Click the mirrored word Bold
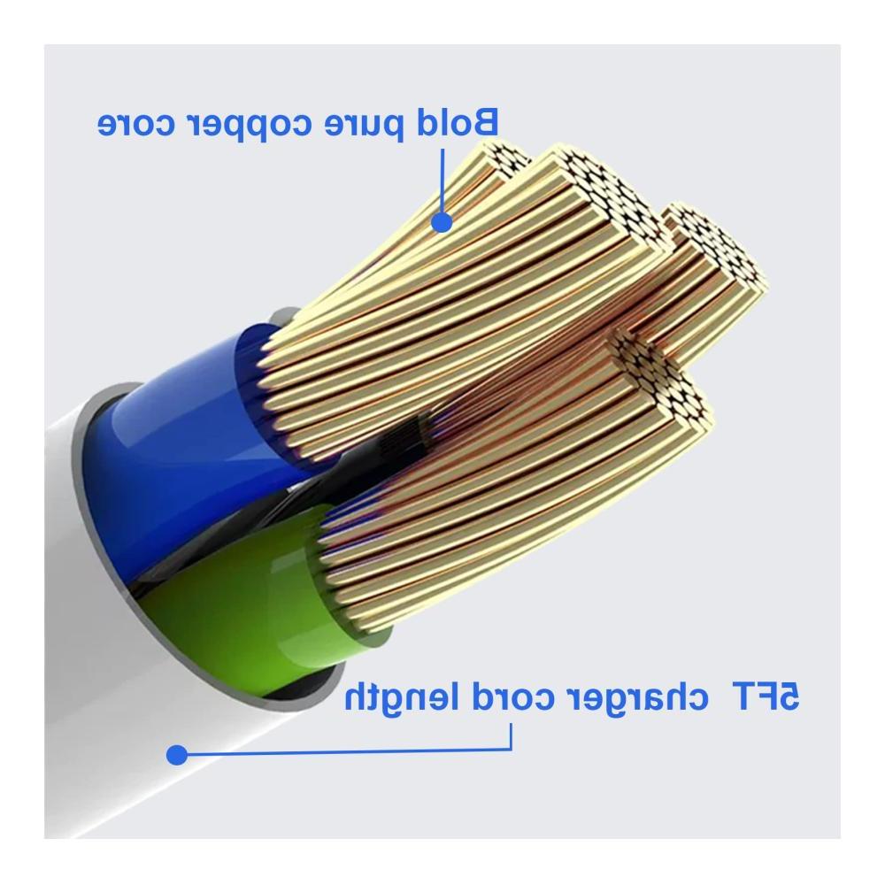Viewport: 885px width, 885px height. pos(458,122)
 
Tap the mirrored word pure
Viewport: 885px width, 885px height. pos(364,127)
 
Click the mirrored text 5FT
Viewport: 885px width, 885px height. pos(766,696)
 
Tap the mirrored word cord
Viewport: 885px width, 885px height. pos(511,696)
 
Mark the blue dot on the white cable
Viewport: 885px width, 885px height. pos(177,755)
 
